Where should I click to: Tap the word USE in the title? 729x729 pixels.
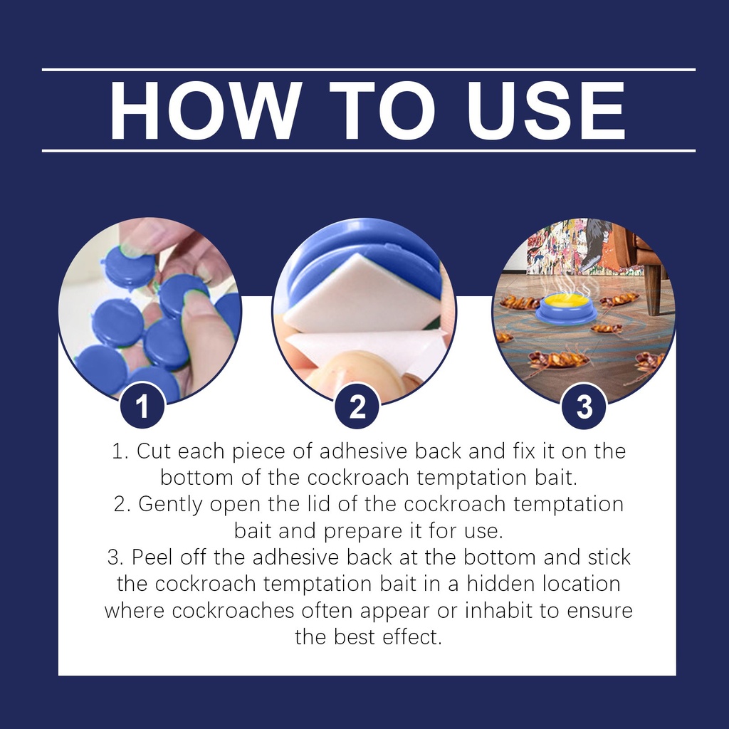pos(546,110)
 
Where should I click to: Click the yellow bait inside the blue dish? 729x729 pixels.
pos(566,300)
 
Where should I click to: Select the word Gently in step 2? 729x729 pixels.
pos(170,505)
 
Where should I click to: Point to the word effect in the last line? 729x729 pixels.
pos(411,637)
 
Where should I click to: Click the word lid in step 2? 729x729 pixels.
pos(320,504)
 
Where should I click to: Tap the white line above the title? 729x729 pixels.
pos(369,70)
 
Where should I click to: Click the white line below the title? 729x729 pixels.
pos(369,151)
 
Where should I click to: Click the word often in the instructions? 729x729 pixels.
pos(326,610)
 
